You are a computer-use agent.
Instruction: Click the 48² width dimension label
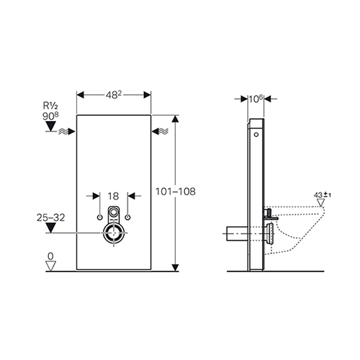(x=114, y=95)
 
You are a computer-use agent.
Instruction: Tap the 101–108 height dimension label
(x=176, y=192)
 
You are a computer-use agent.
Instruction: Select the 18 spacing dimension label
(x=113, y=197)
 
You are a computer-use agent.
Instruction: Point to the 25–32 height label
(x=50, y=217)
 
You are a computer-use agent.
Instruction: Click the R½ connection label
(x=50, y=106)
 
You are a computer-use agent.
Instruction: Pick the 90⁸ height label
(x=50, y=116)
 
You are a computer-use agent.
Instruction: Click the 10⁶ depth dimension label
(x=256, y=99)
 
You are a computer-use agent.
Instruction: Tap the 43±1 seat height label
(x=323, y=195)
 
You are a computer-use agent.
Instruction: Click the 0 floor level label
(x=50, y=256)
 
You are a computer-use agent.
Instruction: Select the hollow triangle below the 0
(x=50, y=266)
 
